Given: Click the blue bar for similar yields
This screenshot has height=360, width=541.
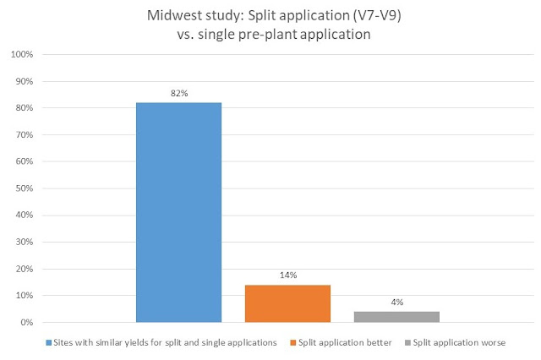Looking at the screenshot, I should (x=178, y=212).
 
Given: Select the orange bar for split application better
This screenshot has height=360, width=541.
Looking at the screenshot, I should (x=287, y=303).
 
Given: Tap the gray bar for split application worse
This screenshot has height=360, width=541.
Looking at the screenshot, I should (x=396, y=317).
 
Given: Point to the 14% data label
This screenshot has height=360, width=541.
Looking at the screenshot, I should (x=287, y=275).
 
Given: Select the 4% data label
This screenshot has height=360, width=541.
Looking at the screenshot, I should (x=396, y=302).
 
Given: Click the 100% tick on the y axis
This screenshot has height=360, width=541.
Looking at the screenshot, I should (x=23, y=55).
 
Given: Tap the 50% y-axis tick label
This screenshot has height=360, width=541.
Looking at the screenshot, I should (x=25, y=188).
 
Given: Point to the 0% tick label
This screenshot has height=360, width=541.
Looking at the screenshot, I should (x=27, y=323).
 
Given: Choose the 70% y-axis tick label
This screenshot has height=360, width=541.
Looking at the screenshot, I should (x=25, y=135).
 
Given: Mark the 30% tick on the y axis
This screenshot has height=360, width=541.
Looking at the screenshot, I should (x=25, y=243).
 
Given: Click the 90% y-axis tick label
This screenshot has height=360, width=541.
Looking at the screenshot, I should (x=25, y=82).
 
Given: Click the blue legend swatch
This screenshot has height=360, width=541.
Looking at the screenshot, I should (x=48, y=344).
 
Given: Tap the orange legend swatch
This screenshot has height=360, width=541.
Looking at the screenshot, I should (x=293, y=344).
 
